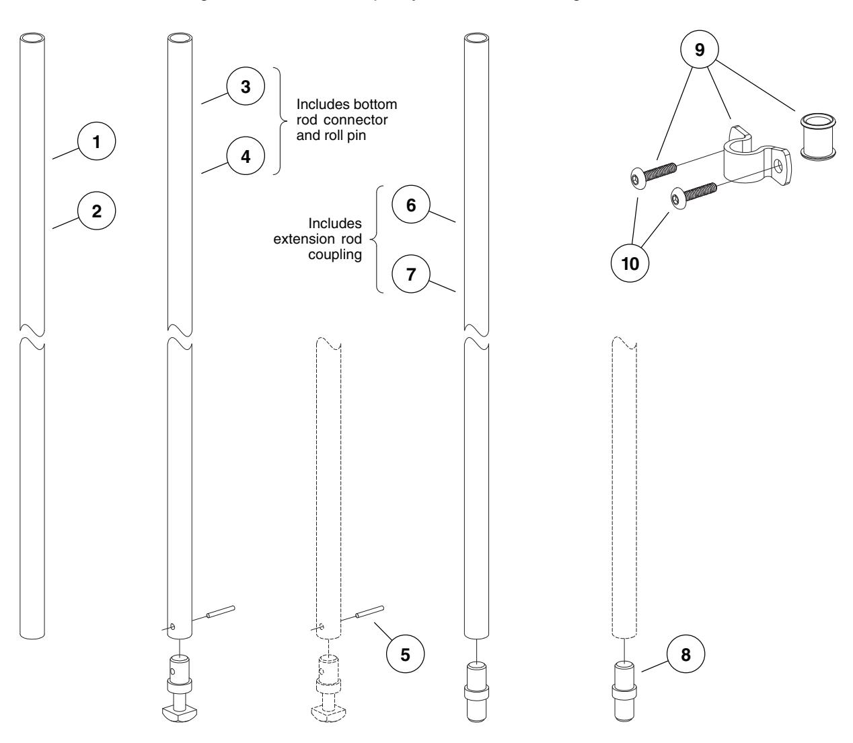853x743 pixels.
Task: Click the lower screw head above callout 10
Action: pyautogui.click(x=677, y=197)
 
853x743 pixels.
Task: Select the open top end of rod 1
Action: pyautogui.click(x=32, y=38)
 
